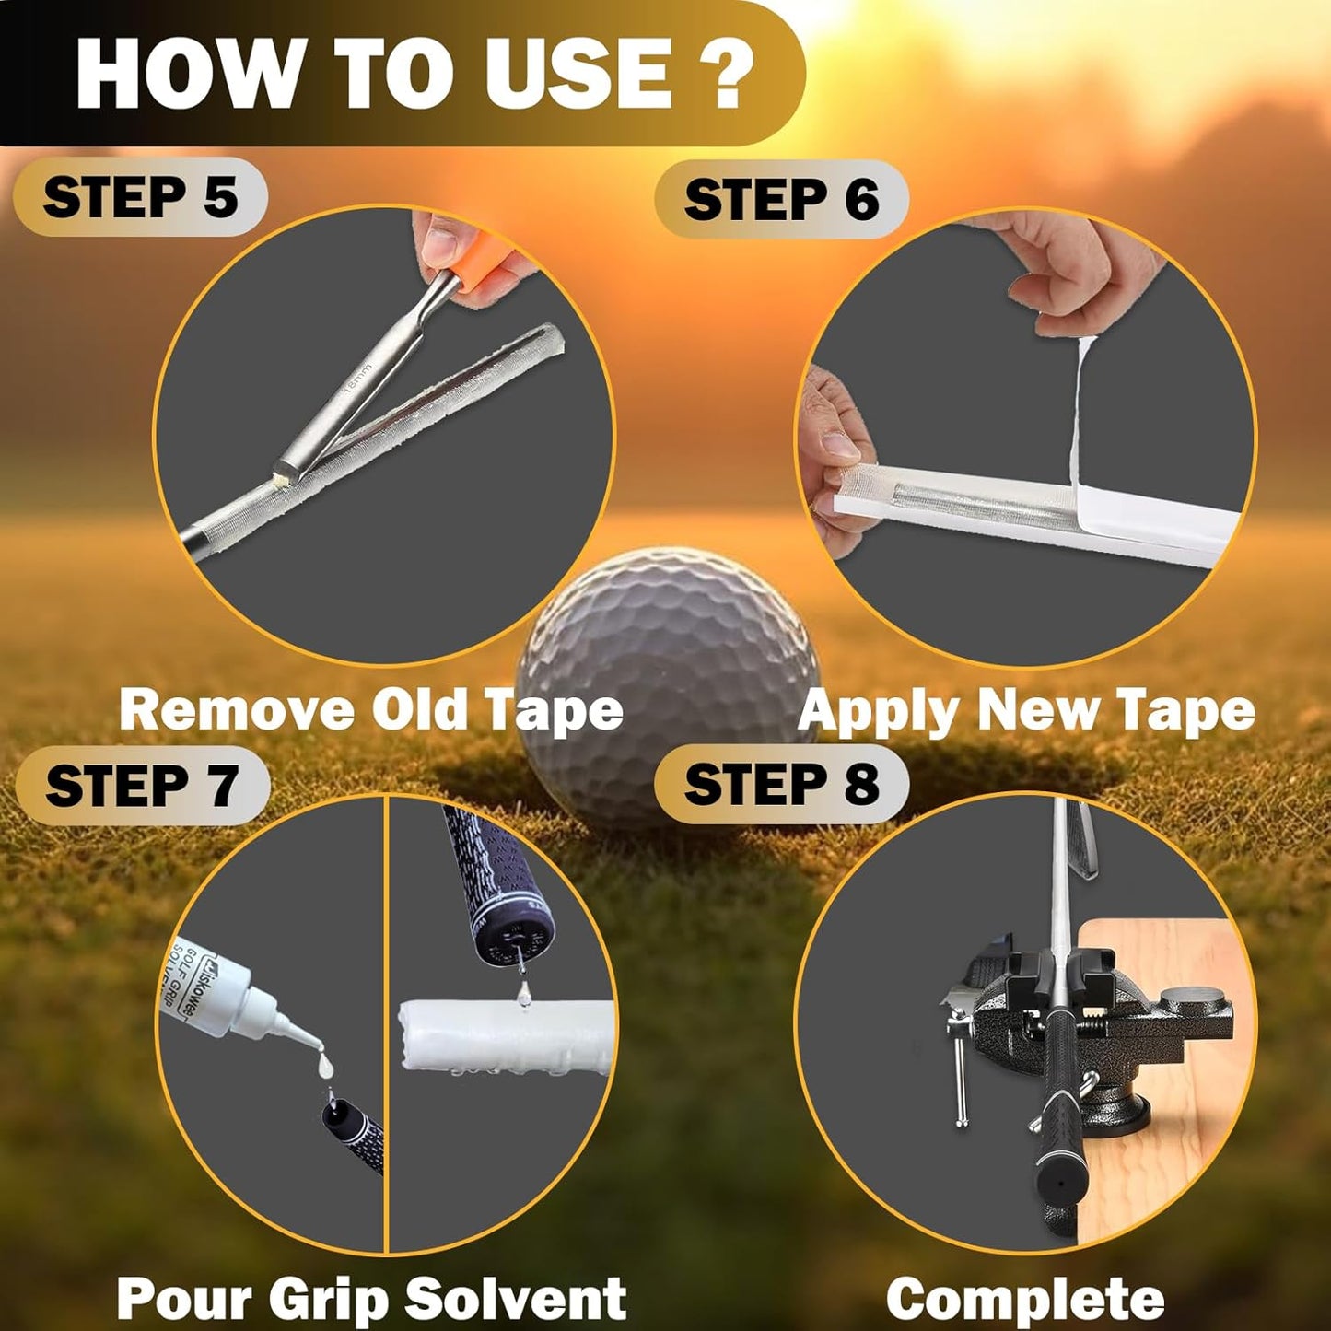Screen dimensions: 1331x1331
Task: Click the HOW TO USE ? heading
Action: coord(414,74)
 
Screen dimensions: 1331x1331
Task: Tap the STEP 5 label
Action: coord(140,197)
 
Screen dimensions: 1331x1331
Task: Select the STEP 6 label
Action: coord(781,200)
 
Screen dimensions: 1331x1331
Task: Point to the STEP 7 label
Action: coord(142,786)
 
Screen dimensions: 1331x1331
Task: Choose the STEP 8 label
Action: coord(781,784)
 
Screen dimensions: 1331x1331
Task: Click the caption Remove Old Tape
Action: coord(370,710)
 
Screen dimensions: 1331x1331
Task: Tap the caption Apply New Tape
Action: coord(1026,710)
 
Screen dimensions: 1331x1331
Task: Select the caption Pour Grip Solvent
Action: coord(371,1298)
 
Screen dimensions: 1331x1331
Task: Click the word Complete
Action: coord(1025,1299)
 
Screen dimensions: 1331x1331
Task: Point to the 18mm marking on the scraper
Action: coord(357,379)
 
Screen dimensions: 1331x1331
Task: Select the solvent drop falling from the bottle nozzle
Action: coord(324,1066)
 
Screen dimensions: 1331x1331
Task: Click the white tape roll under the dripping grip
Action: coord(507,1036)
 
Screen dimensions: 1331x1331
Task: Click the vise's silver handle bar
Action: coord(960,1068)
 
